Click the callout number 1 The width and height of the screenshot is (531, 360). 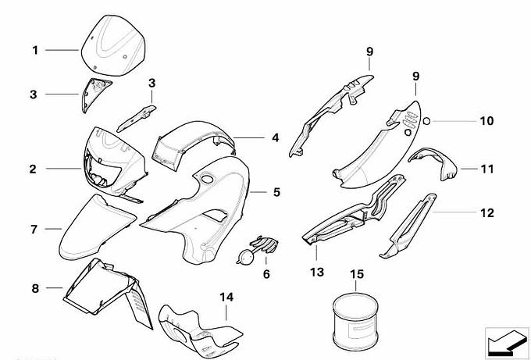click(x=35, y=51)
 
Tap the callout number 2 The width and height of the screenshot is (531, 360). click(x=34, y=167)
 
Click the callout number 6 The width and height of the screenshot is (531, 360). click(x=265, y=274)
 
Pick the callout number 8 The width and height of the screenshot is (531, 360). click(x=34, y=288)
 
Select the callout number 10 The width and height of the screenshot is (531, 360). click(x=486, y=121)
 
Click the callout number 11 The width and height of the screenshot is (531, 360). click(x=486, y=168)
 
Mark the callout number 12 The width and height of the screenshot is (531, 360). click(x=486, y=211)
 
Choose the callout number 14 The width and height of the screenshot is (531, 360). click(x=226, y=297)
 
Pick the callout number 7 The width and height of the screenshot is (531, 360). click(x=34, y=230)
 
